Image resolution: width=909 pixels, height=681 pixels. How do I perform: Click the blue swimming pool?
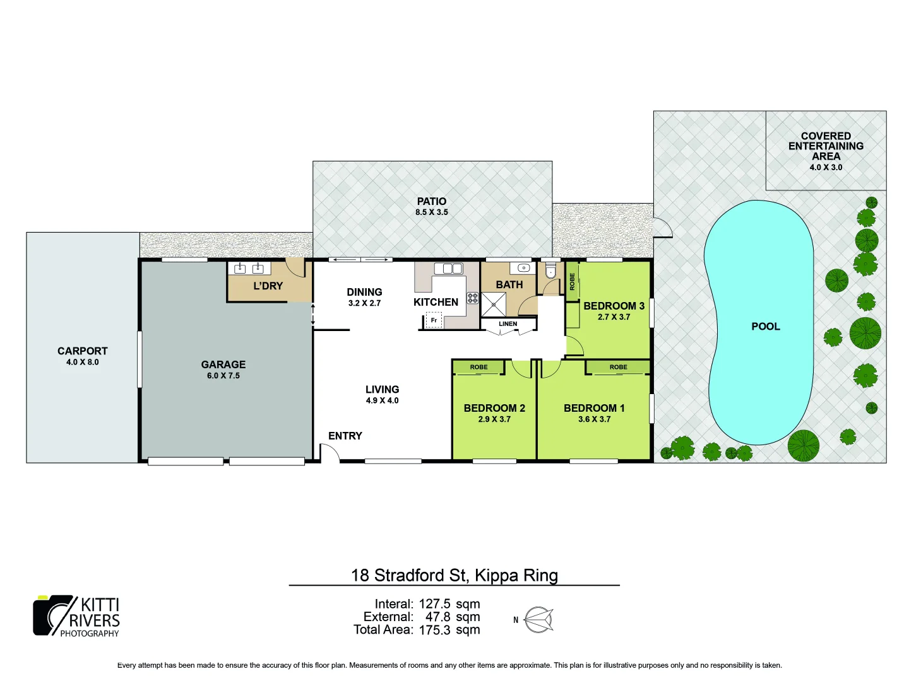pyautogui.click(x=761, y=353)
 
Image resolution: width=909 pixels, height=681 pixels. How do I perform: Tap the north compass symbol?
pyautogui.click(x=538, y=620)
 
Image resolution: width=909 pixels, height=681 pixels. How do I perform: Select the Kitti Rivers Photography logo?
pyautogui.click(x=76, y=616)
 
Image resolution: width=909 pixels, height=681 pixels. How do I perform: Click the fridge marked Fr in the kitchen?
pyautogui.click(x=434, y=321)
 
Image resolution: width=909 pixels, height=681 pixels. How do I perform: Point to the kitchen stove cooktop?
pyautogui.click(x=472, y=298)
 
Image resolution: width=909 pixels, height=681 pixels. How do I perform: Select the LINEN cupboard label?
pyautogui.click(x=508, y=324)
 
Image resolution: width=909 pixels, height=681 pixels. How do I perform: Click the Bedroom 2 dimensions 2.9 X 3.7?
pyautogui.click(x=494, y=419)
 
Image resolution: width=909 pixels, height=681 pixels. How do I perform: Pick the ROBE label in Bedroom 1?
pyautogui.click(x=618, y=367)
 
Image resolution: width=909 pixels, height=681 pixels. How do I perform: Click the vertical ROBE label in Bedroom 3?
pyautogui.click(x=573, y=281)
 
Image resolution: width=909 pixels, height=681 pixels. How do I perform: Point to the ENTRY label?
pyautogui.click(x=345, y=436)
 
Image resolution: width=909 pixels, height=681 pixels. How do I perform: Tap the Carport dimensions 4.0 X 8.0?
pyautogui.click(x=83, y=363)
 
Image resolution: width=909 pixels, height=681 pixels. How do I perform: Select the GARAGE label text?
pyautogui.click(x=223, y=364)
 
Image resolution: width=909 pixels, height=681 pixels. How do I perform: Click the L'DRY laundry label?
pyautogui.click(x=268, y=286)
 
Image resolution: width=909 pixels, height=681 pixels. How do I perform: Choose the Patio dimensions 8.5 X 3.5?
pyautogui.click(x=432, y=212)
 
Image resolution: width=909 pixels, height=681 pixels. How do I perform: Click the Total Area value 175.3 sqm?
pyautogui.click(x=449, y=630)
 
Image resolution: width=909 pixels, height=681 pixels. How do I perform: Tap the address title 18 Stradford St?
pyautogui.click(x=454, y=575)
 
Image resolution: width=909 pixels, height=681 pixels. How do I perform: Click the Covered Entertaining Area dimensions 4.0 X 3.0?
pyautogui.click(x=826, y=168)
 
